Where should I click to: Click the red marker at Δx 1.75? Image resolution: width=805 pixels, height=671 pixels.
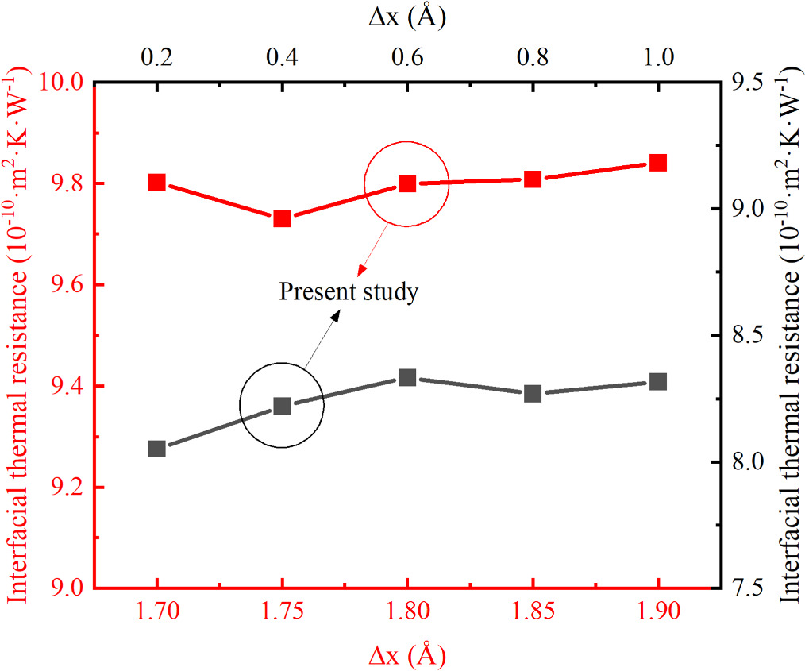(282, 218)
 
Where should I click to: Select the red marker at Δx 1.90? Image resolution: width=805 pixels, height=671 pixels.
(657, 163)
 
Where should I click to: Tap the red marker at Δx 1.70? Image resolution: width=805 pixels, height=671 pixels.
(156, 183)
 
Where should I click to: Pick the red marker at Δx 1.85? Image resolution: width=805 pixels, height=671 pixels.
(533, 179)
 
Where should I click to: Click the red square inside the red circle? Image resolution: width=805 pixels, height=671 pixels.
(407, 184)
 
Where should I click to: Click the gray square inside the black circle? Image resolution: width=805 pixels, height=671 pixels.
(282, 406)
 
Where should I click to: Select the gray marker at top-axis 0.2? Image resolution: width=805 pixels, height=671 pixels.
(156, 449)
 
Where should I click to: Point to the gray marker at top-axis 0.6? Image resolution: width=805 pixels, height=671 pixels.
(407, 377)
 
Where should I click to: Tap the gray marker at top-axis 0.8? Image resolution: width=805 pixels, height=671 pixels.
(533, 393)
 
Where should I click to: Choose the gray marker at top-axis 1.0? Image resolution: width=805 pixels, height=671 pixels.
(657, 382)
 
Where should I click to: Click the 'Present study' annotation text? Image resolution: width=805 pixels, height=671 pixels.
(349, 292)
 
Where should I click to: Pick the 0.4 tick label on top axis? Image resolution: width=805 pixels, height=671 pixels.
(282, 56)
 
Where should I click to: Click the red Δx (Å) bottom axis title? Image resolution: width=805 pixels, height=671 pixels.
(406, 655)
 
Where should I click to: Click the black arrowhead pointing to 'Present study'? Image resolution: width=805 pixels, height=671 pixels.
(337, 314)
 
